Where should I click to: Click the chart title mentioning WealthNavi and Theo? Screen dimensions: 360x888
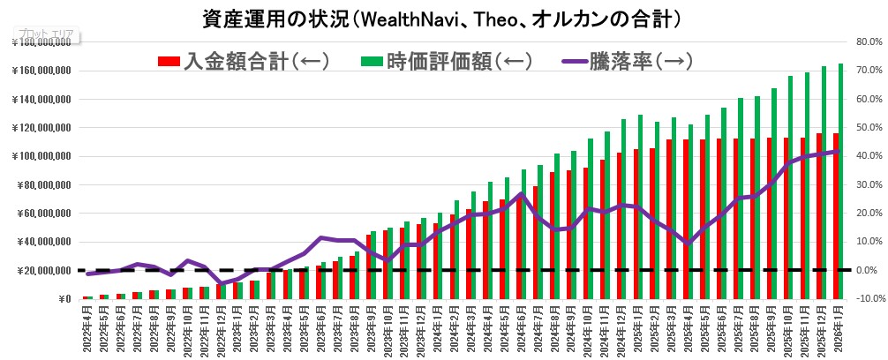coord(443,18)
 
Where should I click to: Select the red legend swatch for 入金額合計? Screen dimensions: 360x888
coord(169,61)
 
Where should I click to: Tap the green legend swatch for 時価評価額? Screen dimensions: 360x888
coord(373,61)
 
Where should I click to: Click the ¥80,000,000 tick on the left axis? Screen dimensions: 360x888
coord(45,184)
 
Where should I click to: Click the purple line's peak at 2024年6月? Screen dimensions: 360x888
coord(522,193)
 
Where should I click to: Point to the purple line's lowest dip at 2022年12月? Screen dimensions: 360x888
coord(221,283)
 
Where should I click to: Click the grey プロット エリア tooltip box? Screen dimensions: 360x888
coord(46,38)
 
